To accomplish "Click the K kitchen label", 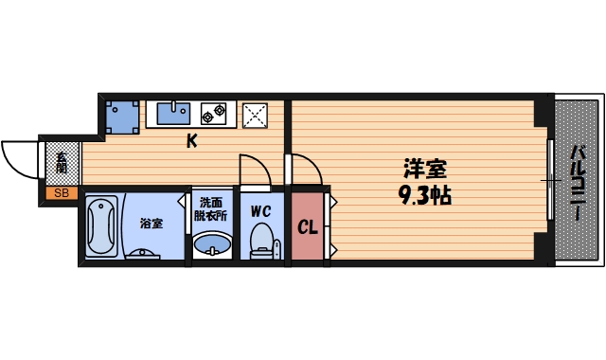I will (190, 142).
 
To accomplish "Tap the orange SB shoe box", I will (61, 193).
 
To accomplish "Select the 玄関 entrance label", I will (61, 163).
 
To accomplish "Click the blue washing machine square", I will (120, 116).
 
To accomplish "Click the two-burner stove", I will (215, 113).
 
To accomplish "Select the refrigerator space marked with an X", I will (256, 115).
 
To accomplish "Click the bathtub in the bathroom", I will (101, 225).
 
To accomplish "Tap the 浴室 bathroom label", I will (151, 225).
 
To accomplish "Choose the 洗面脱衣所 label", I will (212, 208).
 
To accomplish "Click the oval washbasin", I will (212, 245).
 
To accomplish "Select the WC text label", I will (261, 211).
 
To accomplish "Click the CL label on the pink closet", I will (307, 227).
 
